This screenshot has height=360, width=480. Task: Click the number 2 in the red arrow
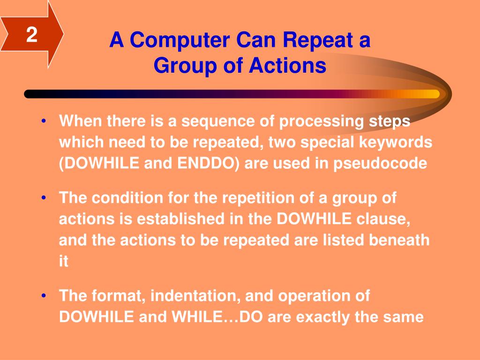point(32,34)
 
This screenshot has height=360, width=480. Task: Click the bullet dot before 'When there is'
point(44,121)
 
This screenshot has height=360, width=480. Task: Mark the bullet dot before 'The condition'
point(44,198)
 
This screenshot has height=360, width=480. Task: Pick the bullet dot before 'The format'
point(44,296)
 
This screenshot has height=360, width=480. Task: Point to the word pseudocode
point(380,163)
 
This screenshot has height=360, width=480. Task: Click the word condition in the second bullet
point(127,198)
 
